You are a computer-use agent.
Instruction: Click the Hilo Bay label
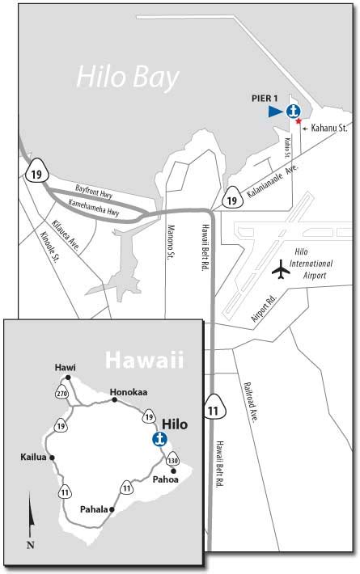click(128, 77)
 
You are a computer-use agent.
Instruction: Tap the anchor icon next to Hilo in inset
click(159, 439)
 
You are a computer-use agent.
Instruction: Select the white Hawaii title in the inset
click(143, 357)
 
